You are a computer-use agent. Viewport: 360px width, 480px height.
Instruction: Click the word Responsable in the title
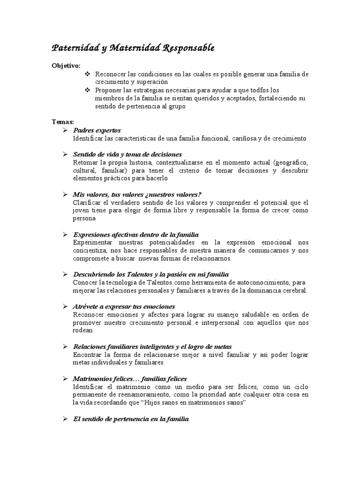[187, 47]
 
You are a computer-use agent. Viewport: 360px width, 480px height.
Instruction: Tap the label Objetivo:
[66, 65]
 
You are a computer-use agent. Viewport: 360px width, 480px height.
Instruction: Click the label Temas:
[62, 122]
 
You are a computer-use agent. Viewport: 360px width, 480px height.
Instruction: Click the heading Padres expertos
[97, 130]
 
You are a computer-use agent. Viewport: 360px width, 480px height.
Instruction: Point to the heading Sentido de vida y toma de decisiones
[127, 154]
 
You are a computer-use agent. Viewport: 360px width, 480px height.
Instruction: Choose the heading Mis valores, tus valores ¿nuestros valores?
[131, 194]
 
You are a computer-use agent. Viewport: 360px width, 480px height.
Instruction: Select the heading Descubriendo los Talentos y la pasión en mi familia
[151, 274]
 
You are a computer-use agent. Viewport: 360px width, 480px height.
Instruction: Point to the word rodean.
[84, 330]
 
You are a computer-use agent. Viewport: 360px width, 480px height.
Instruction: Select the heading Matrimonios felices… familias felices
[130, 378]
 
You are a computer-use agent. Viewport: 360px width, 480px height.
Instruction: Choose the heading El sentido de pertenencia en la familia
[131, 419]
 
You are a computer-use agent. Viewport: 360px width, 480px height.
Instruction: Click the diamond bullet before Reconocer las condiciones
[87, 74]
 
